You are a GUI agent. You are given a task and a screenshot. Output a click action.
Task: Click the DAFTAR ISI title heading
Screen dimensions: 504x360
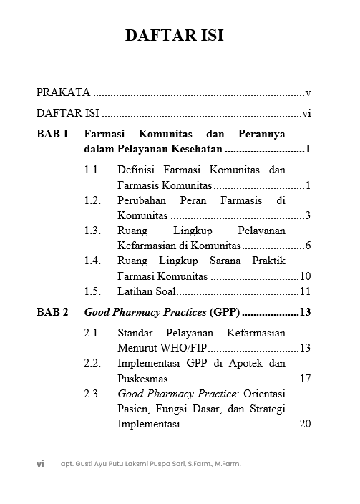click(180, 36)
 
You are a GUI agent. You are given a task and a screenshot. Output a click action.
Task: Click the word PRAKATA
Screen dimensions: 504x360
click(63, 92)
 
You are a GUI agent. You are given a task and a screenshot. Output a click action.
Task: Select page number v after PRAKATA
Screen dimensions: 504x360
click(307, 92)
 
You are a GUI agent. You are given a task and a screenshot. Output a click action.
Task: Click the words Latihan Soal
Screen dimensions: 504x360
click(146, 291)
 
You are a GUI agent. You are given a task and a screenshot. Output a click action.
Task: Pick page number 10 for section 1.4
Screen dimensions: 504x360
click(304, 276)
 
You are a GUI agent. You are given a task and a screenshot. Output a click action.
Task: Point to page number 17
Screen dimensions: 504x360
click(304, 379)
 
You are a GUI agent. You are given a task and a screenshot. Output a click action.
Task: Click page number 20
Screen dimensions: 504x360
click(304, 424)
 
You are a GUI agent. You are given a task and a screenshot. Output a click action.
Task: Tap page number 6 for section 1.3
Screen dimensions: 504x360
click(307, 246)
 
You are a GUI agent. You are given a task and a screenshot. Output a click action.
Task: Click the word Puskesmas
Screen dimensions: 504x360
click(142, 379)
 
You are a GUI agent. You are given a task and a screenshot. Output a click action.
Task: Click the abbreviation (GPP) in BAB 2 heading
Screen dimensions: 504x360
click(225, 312)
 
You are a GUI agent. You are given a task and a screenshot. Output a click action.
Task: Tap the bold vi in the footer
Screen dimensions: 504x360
click(41, 463)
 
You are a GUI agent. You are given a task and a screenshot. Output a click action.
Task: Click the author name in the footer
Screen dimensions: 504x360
click(151, 464)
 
